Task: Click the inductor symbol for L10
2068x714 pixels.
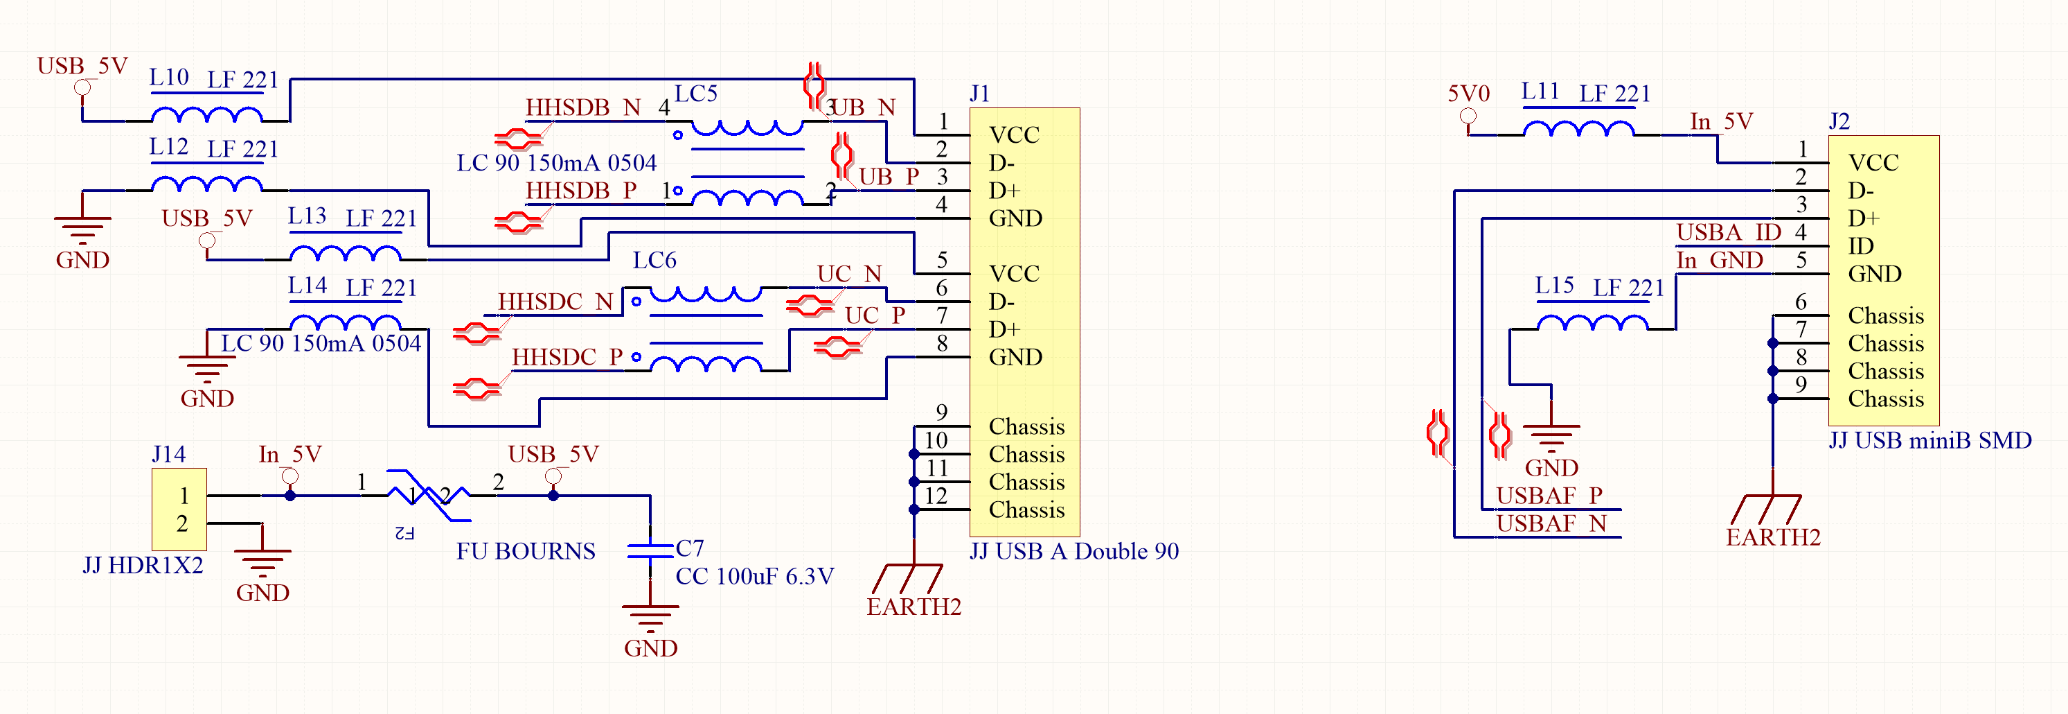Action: click(207, 115)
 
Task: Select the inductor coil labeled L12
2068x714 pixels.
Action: click(207, 184)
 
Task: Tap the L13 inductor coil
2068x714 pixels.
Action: click(345, 253)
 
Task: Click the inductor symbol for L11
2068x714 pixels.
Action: click(1578, 128)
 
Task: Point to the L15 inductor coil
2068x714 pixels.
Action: click(1593, 323)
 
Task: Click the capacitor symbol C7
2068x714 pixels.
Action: click(650, 550)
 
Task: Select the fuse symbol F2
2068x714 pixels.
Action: click(428, 496)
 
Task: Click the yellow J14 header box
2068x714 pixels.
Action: click(180, 510)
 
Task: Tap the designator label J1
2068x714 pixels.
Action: click(979, 94)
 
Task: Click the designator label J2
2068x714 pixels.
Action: click(1839, 121)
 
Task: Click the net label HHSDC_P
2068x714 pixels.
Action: click(567, 358)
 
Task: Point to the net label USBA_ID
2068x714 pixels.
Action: click(1729, 232)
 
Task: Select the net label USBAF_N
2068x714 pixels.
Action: click(1551, 523)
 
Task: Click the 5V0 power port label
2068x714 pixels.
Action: click(1468, 94)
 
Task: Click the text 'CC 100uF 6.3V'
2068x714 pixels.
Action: click(755, 577)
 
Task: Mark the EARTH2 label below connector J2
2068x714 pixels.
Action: click(1774, 537)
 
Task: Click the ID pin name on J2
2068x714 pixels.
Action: click(1861, 247)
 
